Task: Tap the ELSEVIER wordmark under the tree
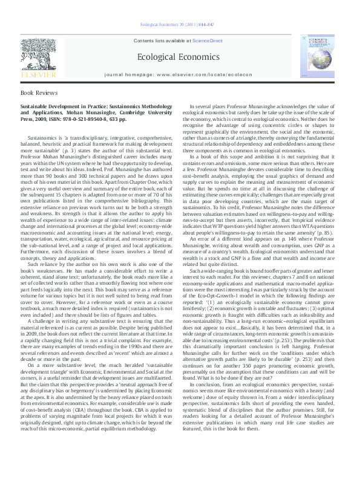click(30, 75)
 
